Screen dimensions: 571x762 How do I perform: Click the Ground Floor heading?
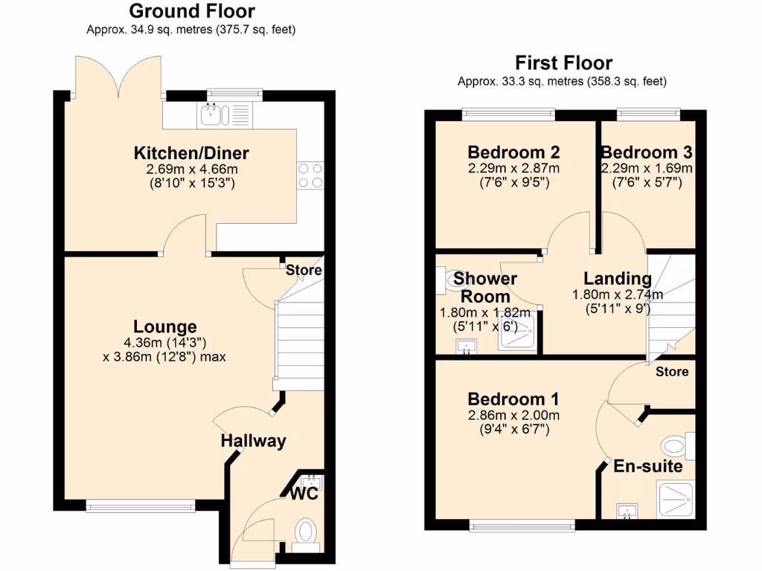[192, 11]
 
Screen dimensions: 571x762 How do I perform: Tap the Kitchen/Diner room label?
[191, 153]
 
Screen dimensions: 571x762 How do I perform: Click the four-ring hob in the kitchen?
[310, 175]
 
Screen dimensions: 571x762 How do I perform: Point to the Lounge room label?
[165, 326]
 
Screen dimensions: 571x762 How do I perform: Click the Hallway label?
[253, 441]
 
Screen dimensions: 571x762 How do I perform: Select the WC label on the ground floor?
[305, 494]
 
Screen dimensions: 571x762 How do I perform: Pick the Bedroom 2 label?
[513, 152]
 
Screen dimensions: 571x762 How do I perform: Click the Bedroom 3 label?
[647, 152]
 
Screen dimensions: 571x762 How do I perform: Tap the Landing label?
[618, 279]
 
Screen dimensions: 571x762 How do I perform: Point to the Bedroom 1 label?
[513, 398]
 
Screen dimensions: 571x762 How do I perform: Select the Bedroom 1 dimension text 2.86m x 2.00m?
[513, 415]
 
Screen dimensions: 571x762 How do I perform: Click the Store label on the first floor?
[671, 372]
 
